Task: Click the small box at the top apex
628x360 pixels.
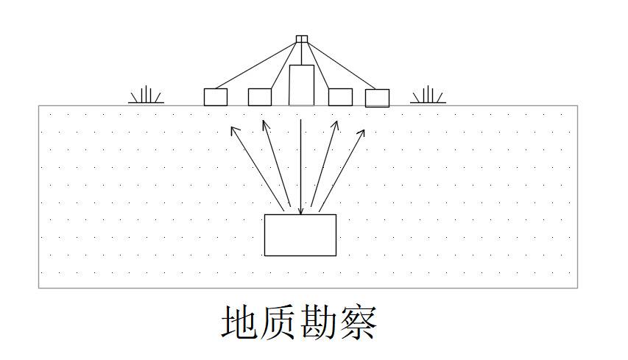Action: click(302, 39)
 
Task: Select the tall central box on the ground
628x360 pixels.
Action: click(302, 85)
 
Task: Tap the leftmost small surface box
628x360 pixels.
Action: click(216, 97)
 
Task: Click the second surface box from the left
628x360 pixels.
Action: click(260, 97)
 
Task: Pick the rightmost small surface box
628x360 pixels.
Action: click(377, 98)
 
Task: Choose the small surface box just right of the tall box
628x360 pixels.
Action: click(340, 97)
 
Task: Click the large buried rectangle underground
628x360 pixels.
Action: click(300, 235)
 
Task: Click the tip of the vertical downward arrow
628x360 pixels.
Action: click(301, 214)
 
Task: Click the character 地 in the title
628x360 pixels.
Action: click(240, 322)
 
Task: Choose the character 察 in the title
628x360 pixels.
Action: click(358, 322)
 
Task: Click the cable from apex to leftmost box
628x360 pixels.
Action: click(256, 66)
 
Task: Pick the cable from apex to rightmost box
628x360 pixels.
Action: click(342, 66)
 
